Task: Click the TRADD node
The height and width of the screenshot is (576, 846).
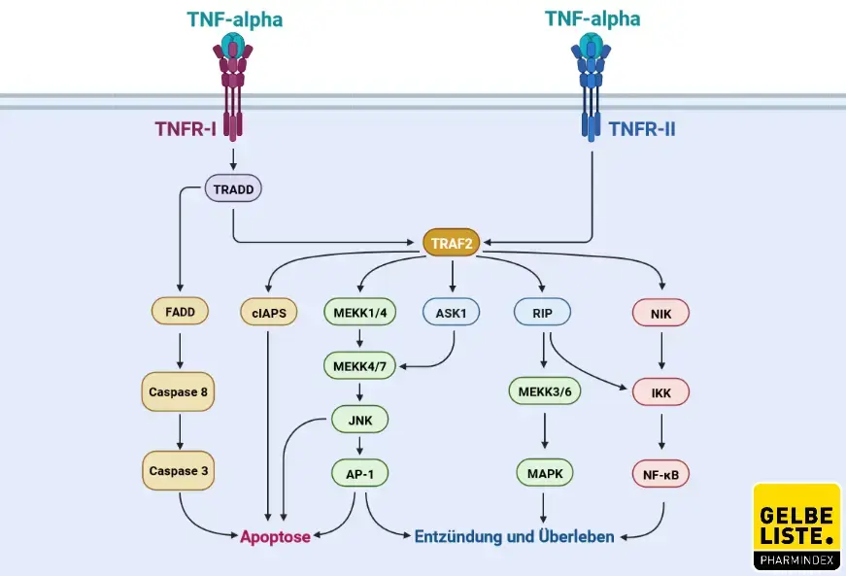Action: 233,187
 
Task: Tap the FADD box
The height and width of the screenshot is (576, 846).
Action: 180,313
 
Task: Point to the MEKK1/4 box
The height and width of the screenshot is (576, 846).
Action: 359,313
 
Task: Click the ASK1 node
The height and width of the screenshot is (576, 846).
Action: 452,313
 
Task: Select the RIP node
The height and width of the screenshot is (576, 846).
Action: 542,313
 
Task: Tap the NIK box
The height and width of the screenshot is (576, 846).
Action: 661,313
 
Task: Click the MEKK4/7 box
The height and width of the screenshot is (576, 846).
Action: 359,366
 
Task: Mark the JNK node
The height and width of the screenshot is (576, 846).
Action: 359,420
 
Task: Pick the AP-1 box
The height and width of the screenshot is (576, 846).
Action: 359,473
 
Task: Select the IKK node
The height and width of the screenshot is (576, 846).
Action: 661,392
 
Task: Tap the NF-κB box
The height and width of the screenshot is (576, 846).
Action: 661,473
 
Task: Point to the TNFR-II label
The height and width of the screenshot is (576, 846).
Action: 641,128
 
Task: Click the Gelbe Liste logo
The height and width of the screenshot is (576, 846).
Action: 795,525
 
